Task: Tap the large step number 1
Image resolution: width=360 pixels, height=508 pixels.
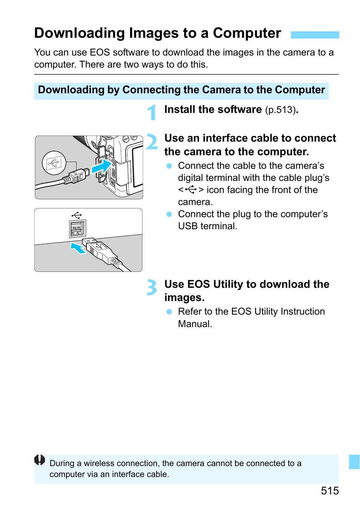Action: pos(152,113)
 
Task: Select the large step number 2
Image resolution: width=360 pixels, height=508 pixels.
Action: pos(152,142)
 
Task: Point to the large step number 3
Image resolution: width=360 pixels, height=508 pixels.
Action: pos(152,287)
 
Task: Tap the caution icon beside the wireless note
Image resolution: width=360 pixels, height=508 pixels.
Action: pos(40,460)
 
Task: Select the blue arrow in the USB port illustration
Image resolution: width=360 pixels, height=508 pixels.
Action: pos(78,248)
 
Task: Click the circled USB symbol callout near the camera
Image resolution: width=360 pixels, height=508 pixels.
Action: pos(54,163)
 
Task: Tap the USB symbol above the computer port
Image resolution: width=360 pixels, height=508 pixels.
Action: pos(77,215)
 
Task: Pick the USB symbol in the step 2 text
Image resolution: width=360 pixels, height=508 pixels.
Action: pos(191,190)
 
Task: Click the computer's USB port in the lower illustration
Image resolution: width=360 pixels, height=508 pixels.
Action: pos(77,229)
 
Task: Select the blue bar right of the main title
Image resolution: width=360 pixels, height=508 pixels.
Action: pos(315,35)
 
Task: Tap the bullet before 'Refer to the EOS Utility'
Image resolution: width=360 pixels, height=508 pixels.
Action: pos(169,312)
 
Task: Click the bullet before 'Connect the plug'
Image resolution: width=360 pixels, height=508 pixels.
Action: pos(169,214)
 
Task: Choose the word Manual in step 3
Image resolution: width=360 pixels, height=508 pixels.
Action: pos(194,324)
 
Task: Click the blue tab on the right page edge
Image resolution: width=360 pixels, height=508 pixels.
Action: pos(354,462)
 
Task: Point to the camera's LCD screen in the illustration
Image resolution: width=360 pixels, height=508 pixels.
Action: pos(137,167)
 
